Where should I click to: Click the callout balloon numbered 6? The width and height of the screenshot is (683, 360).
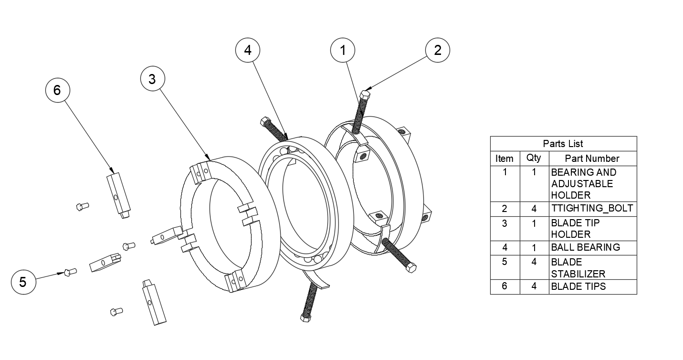[x=58, y=90]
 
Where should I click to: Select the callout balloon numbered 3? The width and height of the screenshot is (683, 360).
[x=152, y=79]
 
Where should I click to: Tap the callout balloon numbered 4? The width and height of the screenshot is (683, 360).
[x=248, y=50]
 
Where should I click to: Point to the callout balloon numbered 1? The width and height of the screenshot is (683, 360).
[x=343, y=50]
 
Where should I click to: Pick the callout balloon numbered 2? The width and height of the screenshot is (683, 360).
[x=438, y=50]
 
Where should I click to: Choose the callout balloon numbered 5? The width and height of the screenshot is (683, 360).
[x=23, y=282]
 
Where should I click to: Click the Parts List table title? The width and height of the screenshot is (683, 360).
[x=563, y=144]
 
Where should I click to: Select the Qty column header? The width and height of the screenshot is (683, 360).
[x=534, y=158]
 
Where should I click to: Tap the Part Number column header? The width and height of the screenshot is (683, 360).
[x=592, y=159]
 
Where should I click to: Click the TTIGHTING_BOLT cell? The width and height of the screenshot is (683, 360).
[x=592, y=208]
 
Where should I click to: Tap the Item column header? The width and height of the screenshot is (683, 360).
[x=504, y=159]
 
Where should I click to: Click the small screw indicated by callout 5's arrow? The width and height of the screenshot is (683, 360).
[x=70, y=272]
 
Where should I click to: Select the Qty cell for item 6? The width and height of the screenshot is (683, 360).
[x=534, y=286]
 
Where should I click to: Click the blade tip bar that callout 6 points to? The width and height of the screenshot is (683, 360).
[x=119, y=195]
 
